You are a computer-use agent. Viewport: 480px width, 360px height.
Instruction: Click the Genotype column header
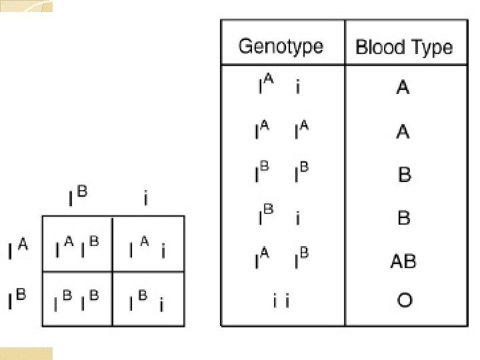pyautogui.click(x=281, y=47)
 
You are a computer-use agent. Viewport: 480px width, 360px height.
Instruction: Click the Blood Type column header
pyautogui.click(x=404, y=47)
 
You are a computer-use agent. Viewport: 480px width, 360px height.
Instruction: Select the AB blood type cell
pyautogui.click(x=403, y=261)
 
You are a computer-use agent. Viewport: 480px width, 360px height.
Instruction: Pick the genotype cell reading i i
pyautogui.click(x=281, y=301)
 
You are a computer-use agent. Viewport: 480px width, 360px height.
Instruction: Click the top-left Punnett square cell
pyautogui.click(x=77, y=244)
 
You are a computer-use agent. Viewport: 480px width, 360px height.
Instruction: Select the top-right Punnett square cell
pyautogui.click(x=148, y=244)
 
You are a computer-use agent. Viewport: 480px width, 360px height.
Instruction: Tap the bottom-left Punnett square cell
pyautogui.click(x=77, y=299)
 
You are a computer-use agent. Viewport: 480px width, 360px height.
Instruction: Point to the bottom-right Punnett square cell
pyautogui.click(x=148, y=299)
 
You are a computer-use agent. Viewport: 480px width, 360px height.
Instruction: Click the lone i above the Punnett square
pyautogui.click(x=146, y=199)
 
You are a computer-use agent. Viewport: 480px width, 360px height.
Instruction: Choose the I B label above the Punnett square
pyautogui.click(x=77, y=197)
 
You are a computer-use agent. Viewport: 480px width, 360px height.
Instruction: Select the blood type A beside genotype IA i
pyautogui.click(x=403, y=88)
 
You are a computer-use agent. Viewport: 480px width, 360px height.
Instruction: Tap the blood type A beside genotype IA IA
pyautogui.click(x=403, y=132)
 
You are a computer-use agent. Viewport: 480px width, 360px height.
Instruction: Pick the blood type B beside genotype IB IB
pyautogui.click(x=404, y=175)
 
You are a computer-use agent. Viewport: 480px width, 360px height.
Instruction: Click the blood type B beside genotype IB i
pyautogui.click(x=404, y=218)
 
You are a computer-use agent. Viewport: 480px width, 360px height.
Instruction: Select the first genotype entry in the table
pyautogui.click(x=280, y=88)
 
